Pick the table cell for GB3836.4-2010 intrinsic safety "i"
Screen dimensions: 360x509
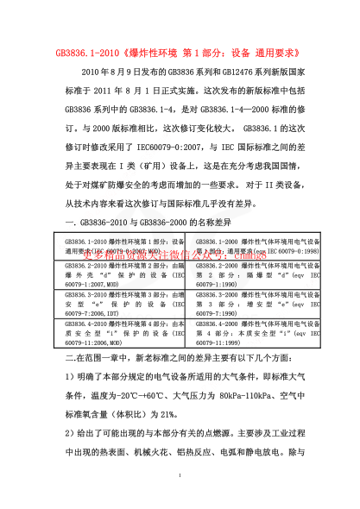[124, 331]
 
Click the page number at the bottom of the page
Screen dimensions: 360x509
[180, 476]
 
